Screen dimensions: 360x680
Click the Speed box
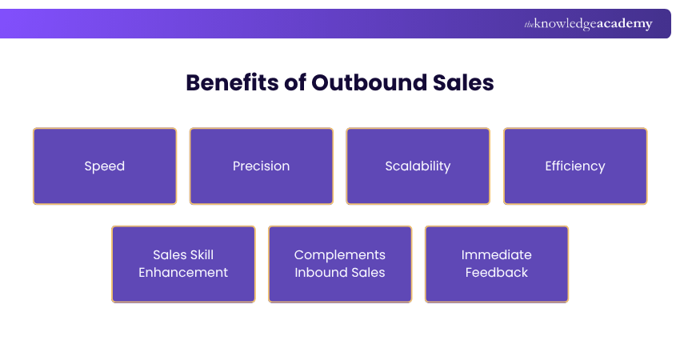(x=105, y=166)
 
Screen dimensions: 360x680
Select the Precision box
(x=262, y=166)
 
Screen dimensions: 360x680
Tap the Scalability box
(x=418, y=166)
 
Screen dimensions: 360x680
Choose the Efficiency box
(x=575, y=166)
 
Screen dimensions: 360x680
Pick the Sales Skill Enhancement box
(x=183, y=264)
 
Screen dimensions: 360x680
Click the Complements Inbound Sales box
(x=340, y=264)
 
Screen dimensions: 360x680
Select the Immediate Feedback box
(x=497, y=264)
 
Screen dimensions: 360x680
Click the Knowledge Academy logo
(x=588, y=24)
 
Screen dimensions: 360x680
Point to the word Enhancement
(x=183, y=273)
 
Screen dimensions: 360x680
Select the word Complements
(x=340, y=255)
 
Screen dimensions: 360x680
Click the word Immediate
(x=497, y=255)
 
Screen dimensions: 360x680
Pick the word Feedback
(x=497, y=273)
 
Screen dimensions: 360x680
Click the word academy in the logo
(x=623, y=24)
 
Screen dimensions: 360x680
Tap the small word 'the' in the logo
(x=529, y=25)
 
